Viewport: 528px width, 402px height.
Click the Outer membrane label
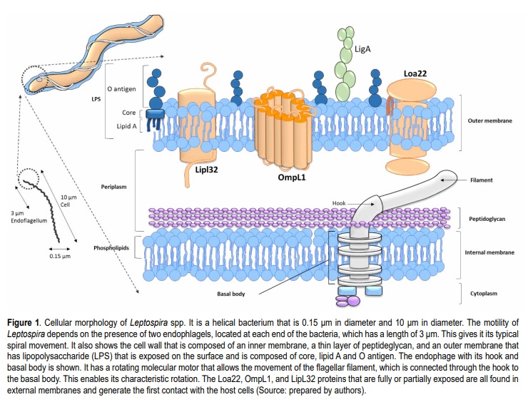[489, 121]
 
